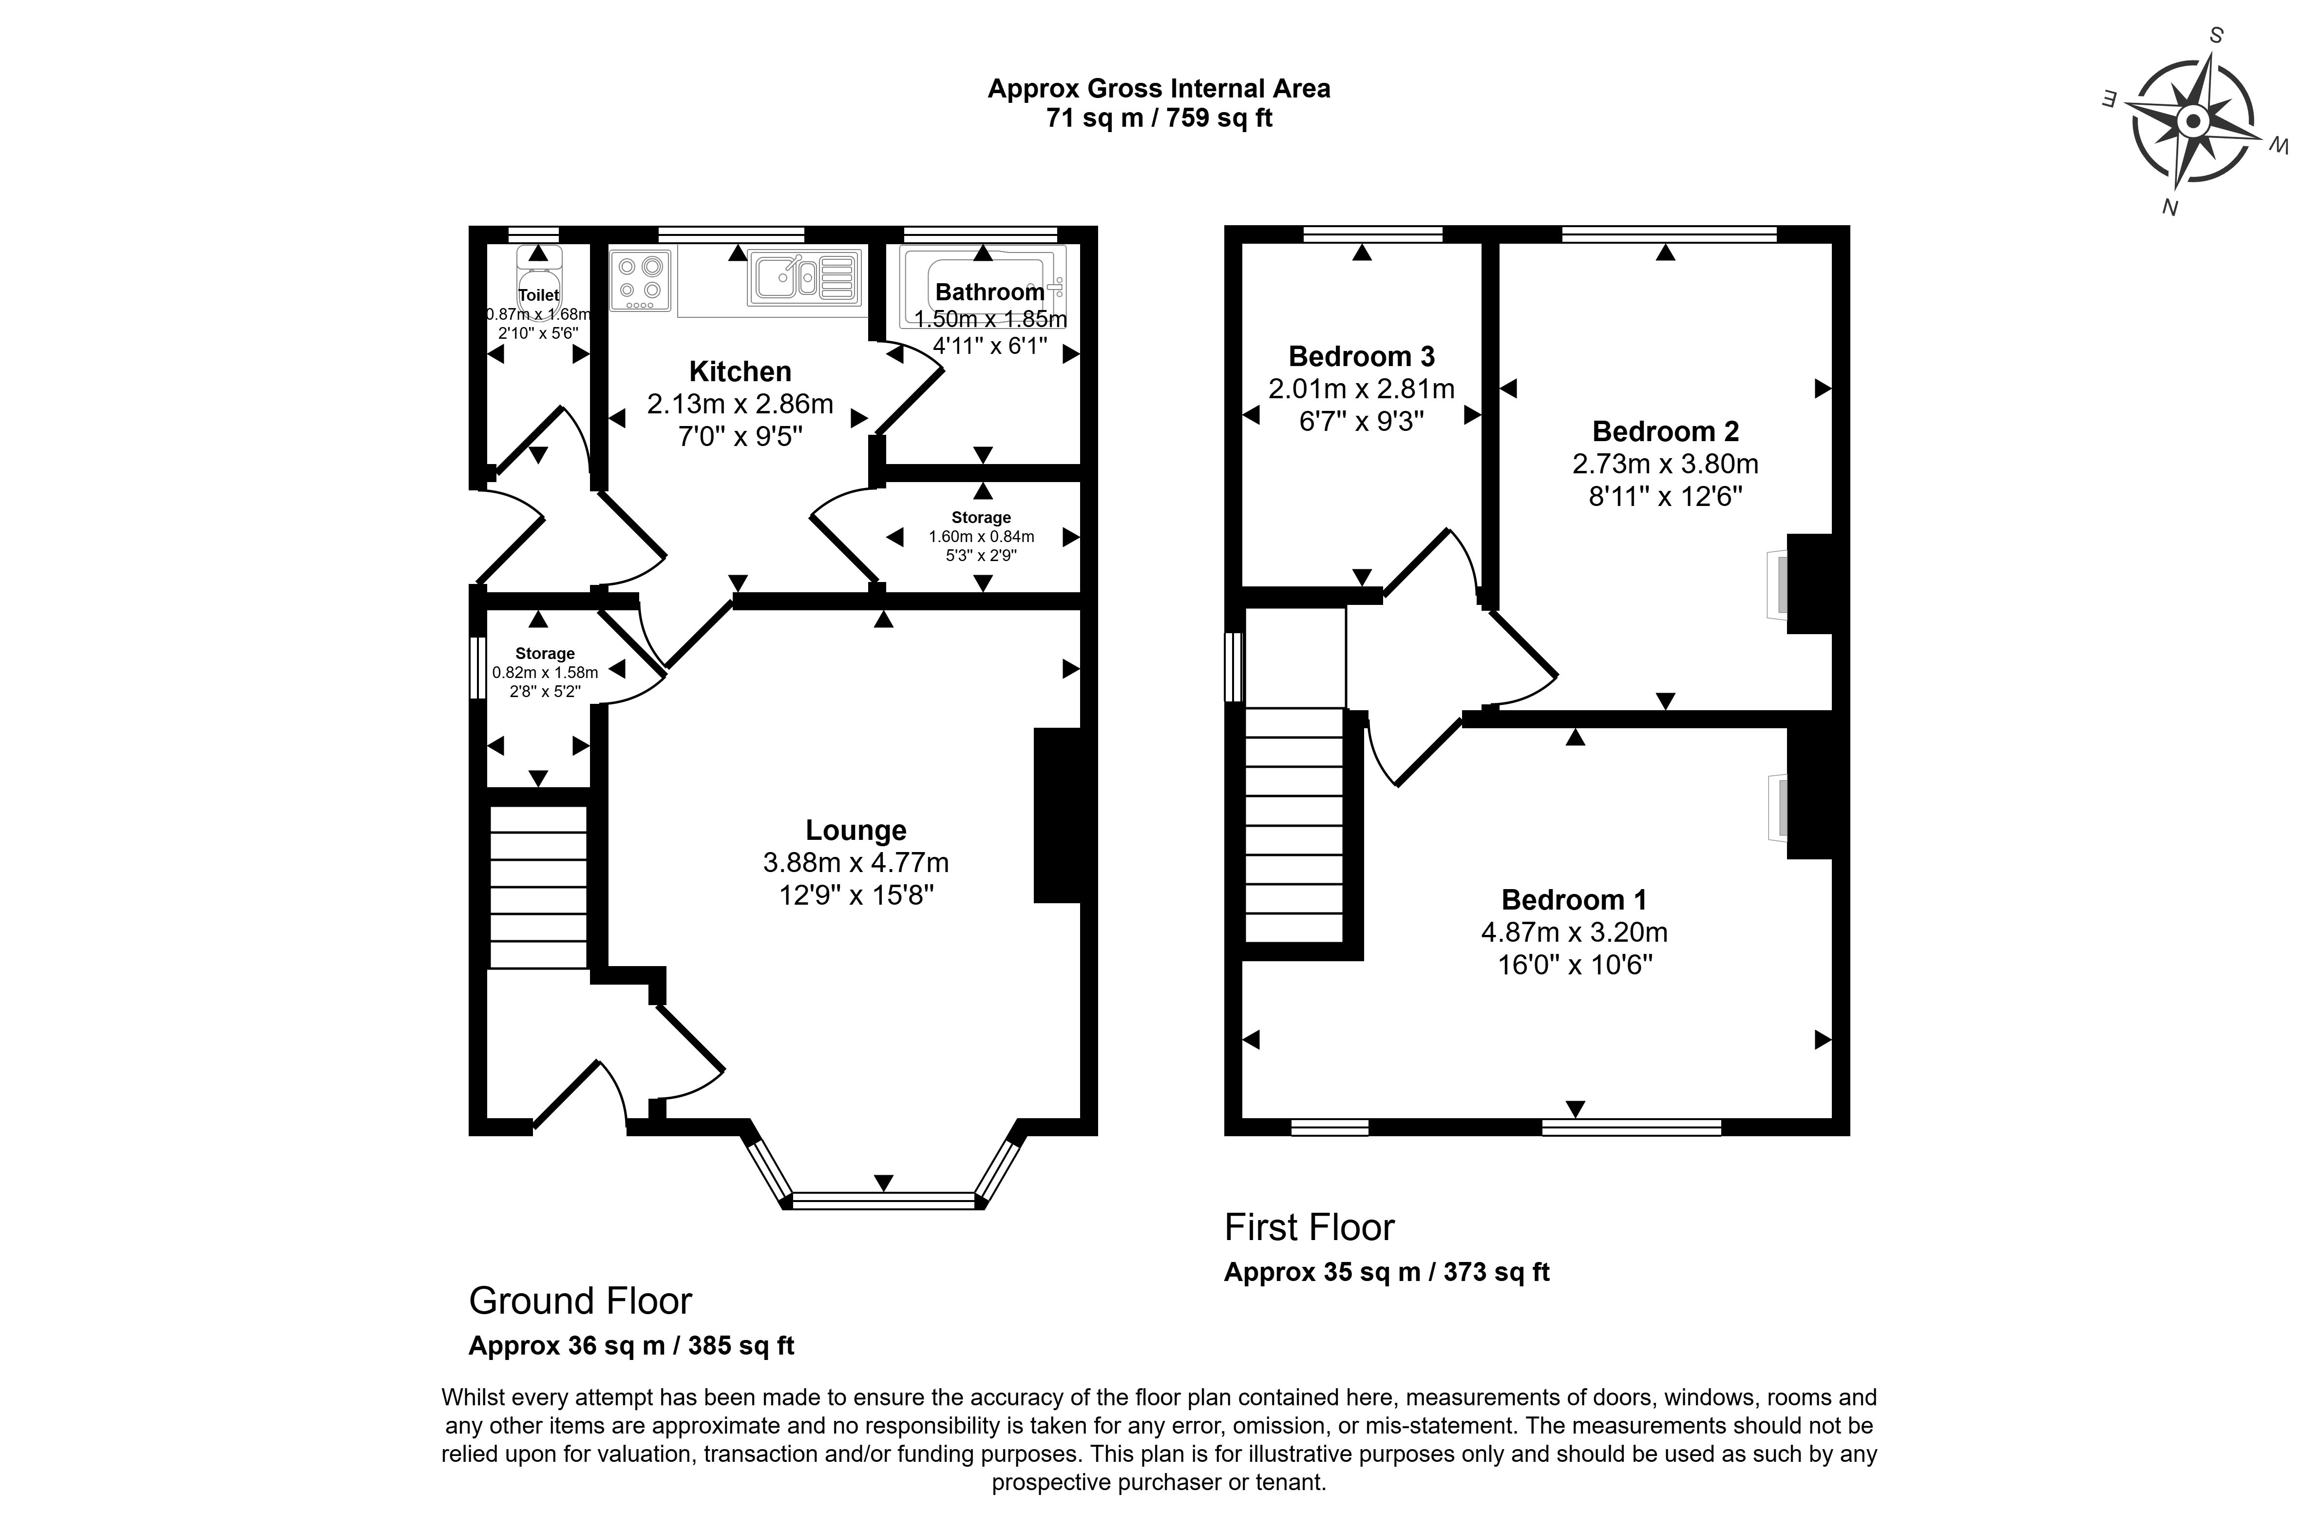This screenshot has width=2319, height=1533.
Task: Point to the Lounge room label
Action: click(x=855, y=830)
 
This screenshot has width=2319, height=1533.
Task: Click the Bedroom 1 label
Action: click(x=1573, y=899)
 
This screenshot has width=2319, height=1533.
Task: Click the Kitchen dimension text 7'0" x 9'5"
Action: click(x=740, y=436)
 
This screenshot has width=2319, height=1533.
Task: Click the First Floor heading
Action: click(x=1309, y=1227)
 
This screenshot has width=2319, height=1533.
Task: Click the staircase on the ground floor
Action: click(x=537, y=887)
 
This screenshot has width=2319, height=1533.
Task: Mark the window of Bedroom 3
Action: click(x=1372, y=233)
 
